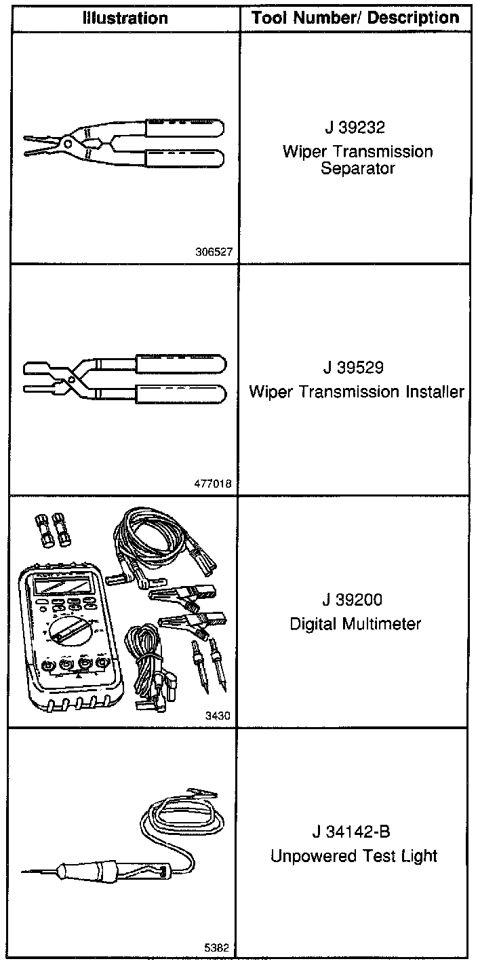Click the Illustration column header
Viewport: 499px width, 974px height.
(125, 18)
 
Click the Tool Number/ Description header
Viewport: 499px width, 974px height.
(355, 18)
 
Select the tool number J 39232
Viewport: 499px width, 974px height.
(355, 128)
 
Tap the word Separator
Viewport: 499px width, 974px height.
(358, 168)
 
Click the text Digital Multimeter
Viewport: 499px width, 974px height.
(355, 624)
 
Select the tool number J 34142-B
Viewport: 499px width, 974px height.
(352, 832)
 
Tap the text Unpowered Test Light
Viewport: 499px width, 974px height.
(354, 856)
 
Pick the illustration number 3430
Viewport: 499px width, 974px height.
(220, 716)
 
